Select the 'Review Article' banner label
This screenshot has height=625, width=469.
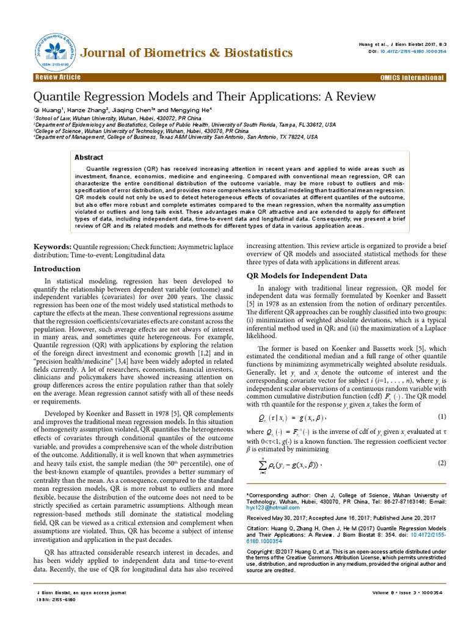tap(59, 78)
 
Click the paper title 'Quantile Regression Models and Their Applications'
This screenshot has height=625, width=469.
tap(205, 97)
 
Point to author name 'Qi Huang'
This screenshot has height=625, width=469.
tap(50, 109)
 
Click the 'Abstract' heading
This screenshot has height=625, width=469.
tap(89, 157)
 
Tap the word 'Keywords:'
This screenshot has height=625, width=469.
tap(52, 246)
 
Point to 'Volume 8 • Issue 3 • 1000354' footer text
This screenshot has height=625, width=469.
tap(408, 593)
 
